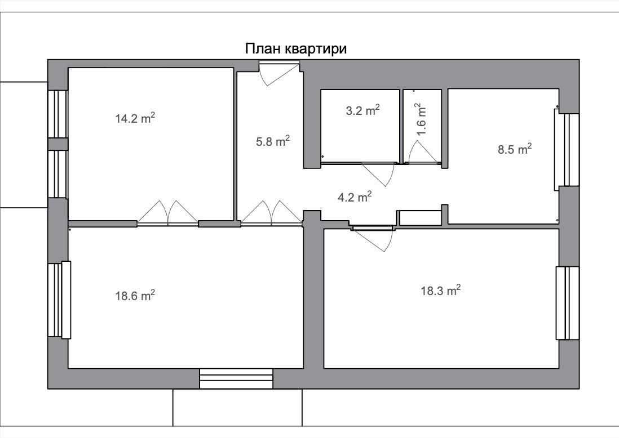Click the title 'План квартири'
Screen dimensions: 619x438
coord(296,49)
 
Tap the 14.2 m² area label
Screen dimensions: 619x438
coord(135,118)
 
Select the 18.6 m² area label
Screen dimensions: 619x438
coord(135,295)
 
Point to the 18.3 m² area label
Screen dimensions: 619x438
coord(441,290)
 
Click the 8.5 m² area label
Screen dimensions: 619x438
coord(514,149)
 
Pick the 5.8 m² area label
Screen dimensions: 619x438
coord(273,141)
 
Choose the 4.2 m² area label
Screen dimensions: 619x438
coord(355,196)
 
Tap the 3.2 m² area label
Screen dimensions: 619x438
coord(363,110)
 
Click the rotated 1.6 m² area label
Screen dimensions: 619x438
coord(421,119)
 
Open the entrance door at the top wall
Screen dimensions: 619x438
coord(278,73)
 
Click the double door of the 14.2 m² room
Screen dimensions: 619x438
coord(168,213)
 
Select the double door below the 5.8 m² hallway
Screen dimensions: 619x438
coord(272,213)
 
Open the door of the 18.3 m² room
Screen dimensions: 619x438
coord(373,238)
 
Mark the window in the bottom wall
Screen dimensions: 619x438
coord(236,379)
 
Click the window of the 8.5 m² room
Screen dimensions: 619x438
coord(566,149)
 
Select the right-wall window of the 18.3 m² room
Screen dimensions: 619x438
coord(568,303)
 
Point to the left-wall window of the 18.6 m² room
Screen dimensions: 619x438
coord(59,300)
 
